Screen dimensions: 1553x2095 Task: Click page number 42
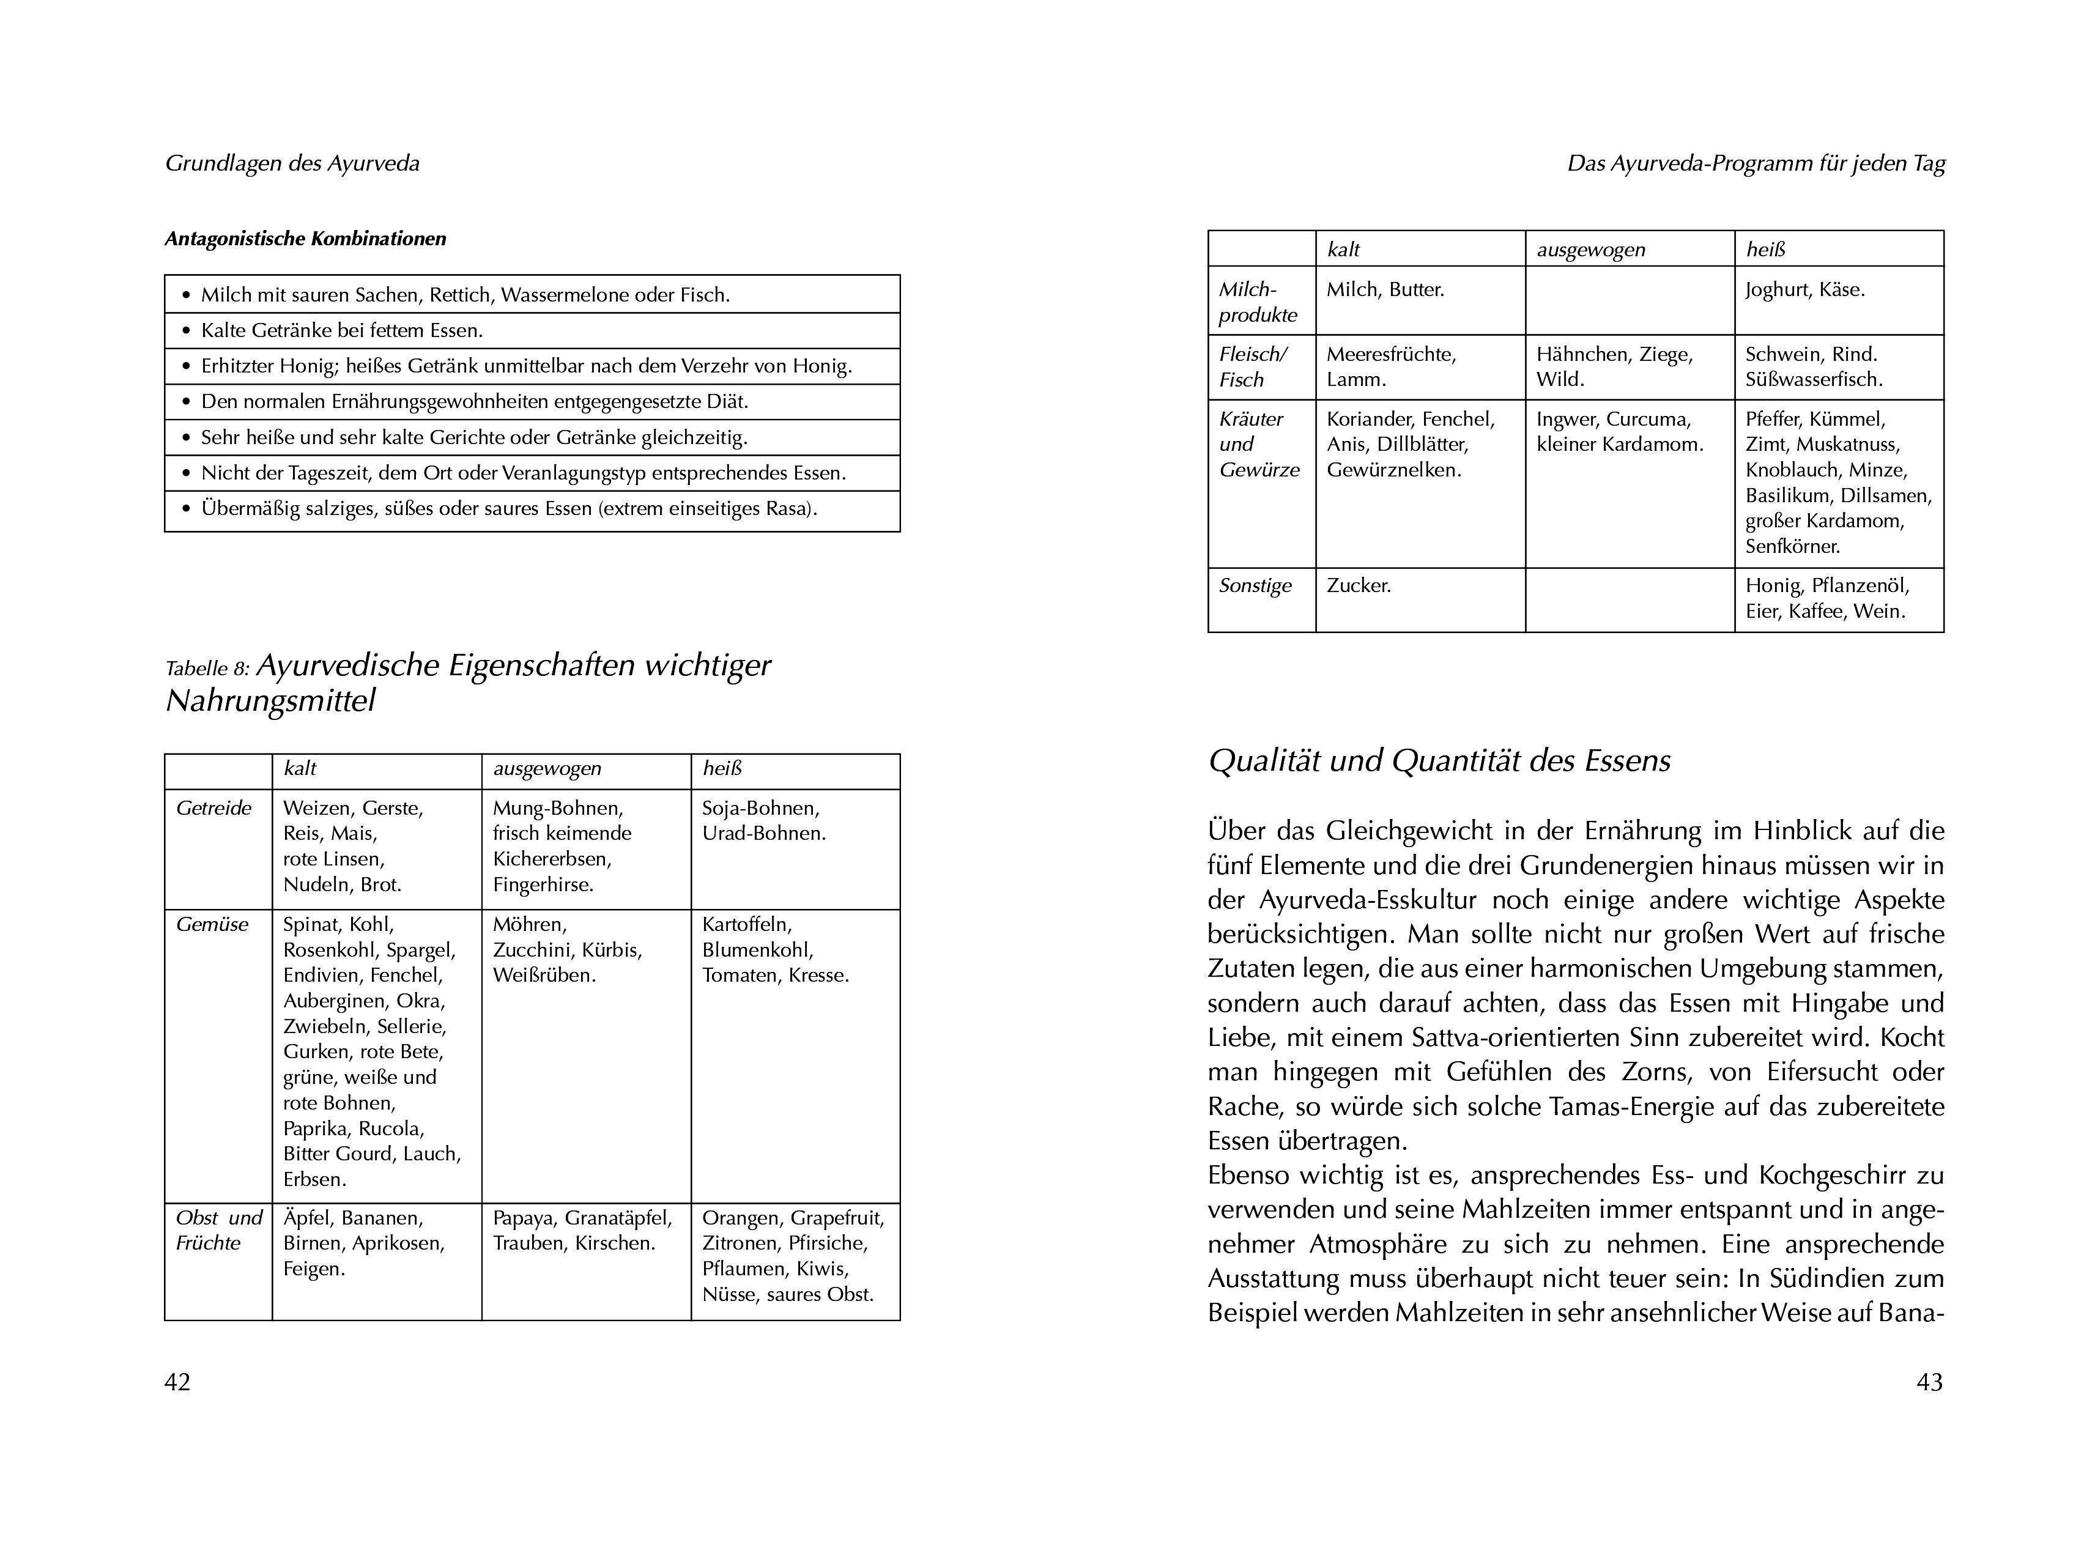point(177,1381)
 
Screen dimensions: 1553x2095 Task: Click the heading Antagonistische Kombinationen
point(305,239)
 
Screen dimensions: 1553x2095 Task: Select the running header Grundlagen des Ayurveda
point(292,163)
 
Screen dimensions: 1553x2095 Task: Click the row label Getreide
point(214,809)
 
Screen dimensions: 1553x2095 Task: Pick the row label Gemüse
point(212,924)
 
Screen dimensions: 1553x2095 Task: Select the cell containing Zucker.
point(1359,586)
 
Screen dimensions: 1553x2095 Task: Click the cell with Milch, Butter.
point(1385,289)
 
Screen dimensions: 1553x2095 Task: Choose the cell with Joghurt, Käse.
point(1804,289)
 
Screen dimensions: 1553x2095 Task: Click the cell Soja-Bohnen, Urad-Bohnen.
point(763,821)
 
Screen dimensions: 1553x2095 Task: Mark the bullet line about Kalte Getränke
point(342,330)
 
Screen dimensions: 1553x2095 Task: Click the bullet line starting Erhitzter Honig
point(526,366)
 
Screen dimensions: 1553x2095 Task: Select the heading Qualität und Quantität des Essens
point(1439,760)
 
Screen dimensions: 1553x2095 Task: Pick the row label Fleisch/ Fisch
point(1253,366)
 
